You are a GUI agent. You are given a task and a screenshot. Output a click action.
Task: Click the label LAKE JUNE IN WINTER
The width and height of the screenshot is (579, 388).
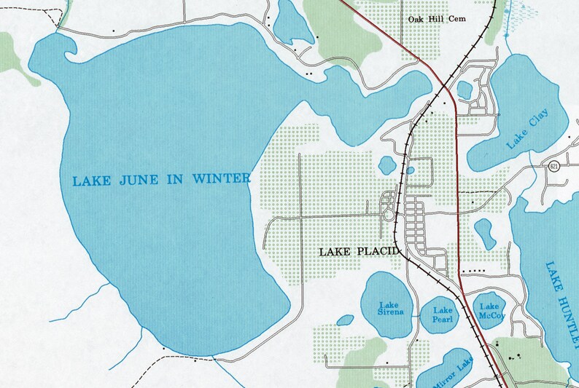(x=161, y=179)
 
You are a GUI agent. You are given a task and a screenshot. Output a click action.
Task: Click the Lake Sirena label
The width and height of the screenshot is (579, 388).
(x=389, y=309)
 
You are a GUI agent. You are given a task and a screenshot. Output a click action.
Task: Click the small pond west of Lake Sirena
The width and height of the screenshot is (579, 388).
(x=346, y=319)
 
